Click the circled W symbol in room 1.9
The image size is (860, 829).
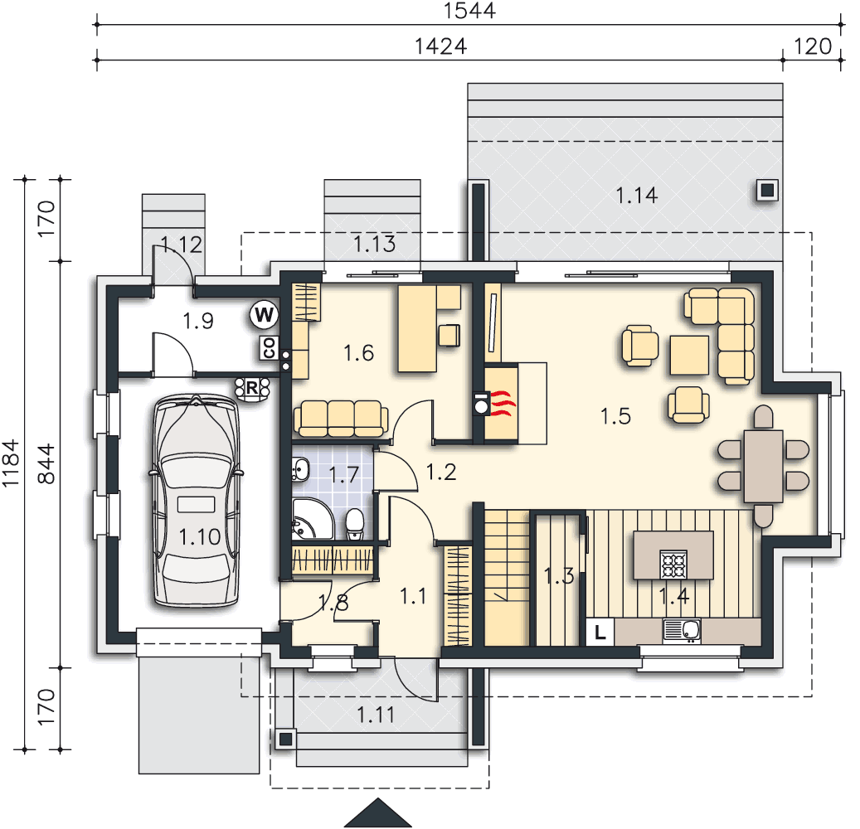point(265,315)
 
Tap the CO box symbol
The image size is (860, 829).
point(269,347)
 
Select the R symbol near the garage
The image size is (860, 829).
point(252,388)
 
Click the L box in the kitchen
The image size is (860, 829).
point(600,633)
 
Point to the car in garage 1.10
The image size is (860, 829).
point(197,501)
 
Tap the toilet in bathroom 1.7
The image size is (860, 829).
point(355,525)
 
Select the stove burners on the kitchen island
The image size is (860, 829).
point(673,565)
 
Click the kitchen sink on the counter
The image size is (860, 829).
point(683,631)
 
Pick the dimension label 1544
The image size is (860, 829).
point(469,11)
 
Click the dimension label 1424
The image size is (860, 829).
point(440,46)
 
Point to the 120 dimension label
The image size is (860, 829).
point(812,46)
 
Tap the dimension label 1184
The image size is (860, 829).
point(11,463)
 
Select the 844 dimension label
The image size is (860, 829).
point(46,464)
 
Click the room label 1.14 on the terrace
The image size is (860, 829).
point(636,195)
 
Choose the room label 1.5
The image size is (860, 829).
point(615,416)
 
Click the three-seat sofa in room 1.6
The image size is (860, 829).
point(341,419)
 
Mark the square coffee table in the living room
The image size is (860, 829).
point(689,356)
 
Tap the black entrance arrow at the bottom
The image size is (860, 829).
point(378,812)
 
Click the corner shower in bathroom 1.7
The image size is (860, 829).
point(312,520)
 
